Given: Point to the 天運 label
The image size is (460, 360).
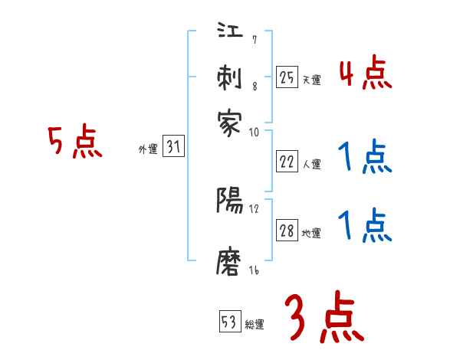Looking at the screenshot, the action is click(312, 80).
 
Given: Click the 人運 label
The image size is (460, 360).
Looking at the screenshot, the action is click(312, 165).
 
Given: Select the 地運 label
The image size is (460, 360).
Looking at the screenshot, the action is click(312, 234).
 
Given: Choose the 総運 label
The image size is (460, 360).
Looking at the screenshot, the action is click(255, 325).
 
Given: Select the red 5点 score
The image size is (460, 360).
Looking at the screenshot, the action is click(74, 143).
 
